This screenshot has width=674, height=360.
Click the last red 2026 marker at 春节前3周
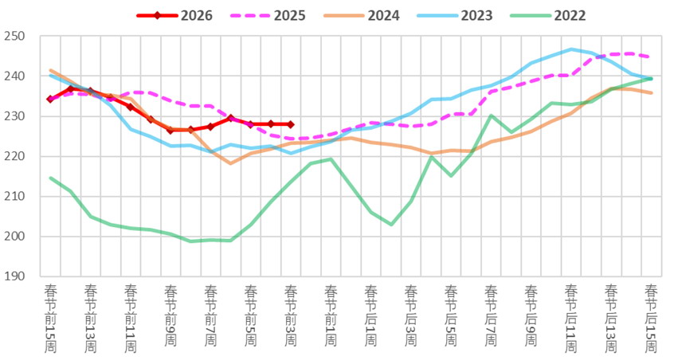(290, 124)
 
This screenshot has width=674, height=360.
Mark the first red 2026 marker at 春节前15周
(50, 100)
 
